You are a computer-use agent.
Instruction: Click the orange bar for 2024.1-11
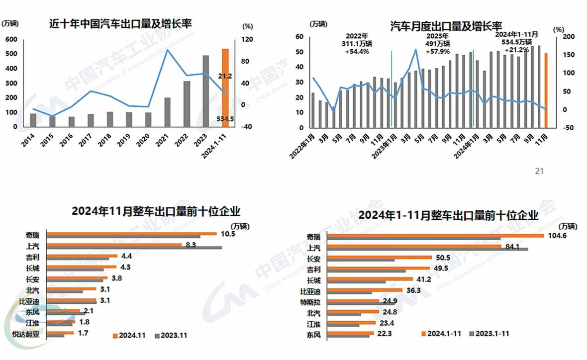pos(225,85)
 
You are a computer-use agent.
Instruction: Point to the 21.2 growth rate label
pos(225,76)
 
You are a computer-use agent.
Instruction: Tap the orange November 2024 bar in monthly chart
pos(546,90)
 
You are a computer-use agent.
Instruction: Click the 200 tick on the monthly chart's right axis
pos(569,37)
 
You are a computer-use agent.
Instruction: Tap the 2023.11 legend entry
pos(170,336)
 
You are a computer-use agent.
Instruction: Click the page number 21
pos(539,171)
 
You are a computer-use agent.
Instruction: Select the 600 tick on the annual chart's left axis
pos(11,39)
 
